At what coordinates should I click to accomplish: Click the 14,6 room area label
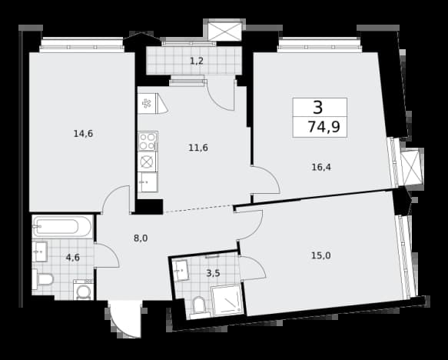[x=83, y=134]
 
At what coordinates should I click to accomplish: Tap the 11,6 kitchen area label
[x=198, y=148]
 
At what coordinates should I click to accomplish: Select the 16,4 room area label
[x=321, y=167]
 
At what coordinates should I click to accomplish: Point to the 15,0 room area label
[x=321, y=255]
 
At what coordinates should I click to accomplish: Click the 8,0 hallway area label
[x=141, y=238]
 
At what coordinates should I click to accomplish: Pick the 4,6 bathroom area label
[x=73, y=258]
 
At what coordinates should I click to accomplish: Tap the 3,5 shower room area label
[x=213, y=273]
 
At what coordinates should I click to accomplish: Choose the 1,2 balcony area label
[x=197, y=61]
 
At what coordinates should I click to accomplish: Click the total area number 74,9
[x=324, y=127]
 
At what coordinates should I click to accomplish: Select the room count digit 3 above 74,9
[x=318, y=107]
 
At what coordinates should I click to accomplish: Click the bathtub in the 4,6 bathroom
[x=62, y=226]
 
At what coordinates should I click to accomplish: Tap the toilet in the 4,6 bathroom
[x=42, y=279]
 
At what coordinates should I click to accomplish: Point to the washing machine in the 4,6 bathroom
[x=84, y=290]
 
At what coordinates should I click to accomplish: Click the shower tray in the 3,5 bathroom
[x=227, y=300]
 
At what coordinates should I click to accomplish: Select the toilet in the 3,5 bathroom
[x=199, y=308]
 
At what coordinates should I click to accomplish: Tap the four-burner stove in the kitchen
[x=148, y=142]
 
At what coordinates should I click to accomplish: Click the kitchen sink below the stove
[x=148, y=182]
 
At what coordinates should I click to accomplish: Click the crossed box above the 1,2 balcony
[x=224, y=32]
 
